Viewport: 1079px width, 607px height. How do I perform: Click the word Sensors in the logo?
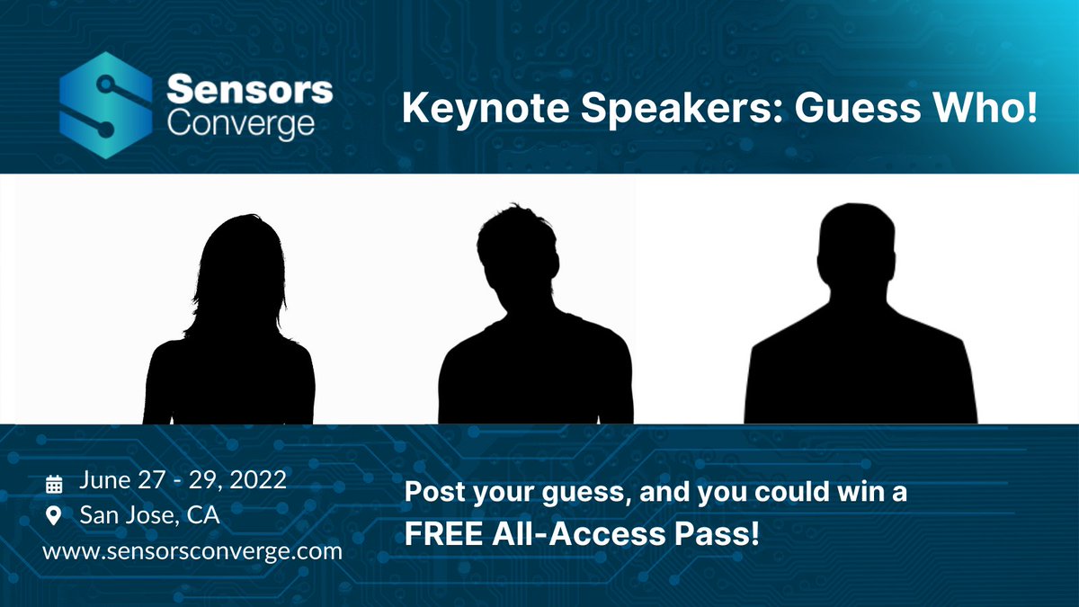pyautogui.click(x=250, y=90)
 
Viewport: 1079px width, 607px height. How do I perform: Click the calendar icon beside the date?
pyautogui.click(x=54, y=484)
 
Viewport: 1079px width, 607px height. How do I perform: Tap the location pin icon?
pyautogui.click(x=54, y=516)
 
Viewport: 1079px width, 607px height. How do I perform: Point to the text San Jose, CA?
pyautogui.click(x=149, y=515)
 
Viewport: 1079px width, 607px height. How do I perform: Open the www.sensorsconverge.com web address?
pyautogui.click(x=192, y=550)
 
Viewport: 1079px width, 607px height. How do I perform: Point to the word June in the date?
pyautogui.click(x=106, y=480)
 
